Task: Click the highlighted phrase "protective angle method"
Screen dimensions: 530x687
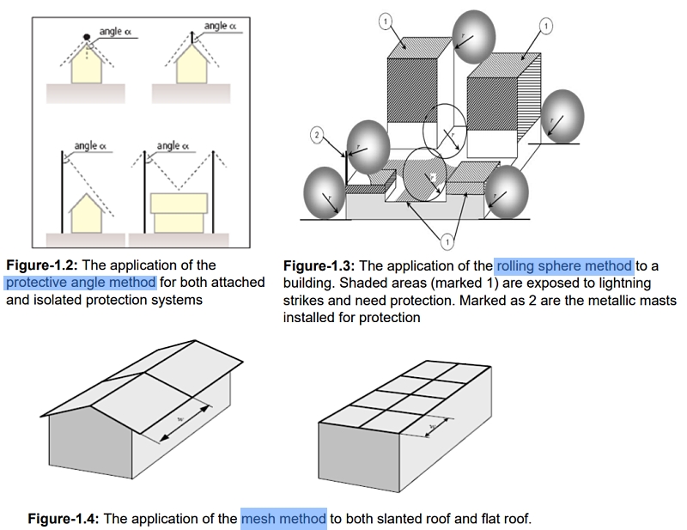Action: (81, 283)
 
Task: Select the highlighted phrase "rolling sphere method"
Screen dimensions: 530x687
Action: (563, 266)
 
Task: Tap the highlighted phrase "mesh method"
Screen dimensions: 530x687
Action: (283, 519)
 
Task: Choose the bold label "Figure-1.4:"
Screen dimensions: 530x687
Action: (63, 519)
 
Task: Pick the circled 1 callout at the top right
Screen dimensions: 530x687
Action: (547, 26)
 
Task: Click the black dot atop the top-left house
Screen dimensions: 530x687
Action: (87, 36)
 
